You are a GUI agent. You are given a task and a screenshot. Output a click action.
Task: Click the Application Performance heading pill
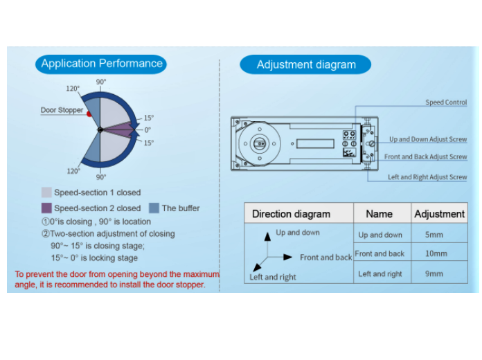(102, 64)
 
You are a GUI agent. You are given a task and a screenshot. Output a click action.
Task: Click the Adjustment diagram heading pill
(305, 65)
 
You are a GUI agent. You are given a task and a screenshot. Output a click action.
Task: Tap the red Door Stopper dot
(89, 114)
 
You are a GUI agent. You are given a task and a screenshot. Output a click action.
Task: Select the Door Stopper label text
(62, 110)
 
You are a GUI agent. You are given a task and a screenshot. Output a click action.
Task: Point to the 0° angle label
(147, 129)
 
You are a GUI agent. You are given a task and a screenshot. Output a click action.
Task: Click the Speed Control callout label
(446, 102)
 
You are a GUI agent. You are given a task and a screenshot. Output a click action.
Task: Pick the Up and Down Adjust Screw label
(427, 139)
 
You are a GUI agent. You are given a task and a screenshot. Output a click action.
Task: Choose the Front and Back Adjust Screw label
(425, 157)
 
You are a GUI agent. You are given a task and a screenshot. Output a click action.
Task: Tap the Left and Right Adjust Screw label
(427, 177)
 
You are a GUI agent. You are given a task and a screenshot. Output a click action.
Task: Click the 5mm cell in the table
(434, 235)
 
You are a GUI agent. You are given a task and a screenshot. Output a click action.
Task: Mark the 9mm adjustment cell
(434, 274)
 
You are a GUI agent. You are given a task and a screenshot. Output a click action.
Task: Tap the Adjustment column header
(439, 214)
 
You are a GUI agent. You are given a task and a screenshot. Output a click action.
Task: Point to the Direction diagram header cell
(291, 214)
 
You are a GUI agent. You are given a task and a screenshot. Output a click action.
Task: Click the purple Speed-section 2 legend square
(46, 208)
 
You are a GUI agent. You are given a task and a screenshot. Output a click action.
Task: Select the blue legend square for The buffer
(154, 208)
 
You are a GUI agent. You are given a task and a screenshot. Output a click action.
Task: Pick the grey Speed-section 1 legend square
(46, 192)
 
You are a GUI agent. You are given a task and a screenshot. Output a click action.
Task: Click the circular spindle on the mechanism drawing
(258, 144)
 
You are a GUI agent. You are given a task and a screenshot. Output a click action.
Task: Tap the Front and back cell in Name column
(380, 254)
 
